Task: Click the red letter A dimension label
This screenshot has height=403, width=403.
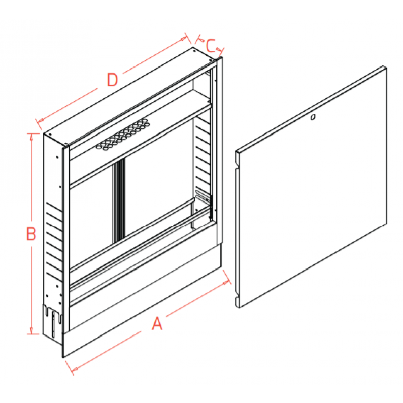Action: [x=157, y=323]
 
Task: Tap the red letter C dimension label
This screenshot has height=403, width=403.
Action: [x=211, y=46]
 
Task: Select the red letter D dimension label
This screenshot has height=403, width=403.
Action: [x=112, y=80]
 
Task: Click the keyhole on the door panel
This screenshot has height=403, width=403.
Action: [x=313, y=117]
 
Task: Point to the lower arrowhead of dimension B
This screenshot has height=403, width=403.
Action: [x=31, y=331]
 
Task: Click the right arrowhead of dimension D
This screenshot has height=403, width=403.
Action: [x=184, y=39]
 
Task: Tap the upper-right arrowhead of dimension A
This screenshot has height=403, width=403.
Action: [x=226, y=283]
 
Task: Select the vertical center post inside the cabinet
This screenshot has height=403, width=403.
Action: [x=118, y=199]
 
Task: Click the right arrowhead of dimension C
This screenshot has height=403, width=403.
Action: [x=219, y=49]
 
